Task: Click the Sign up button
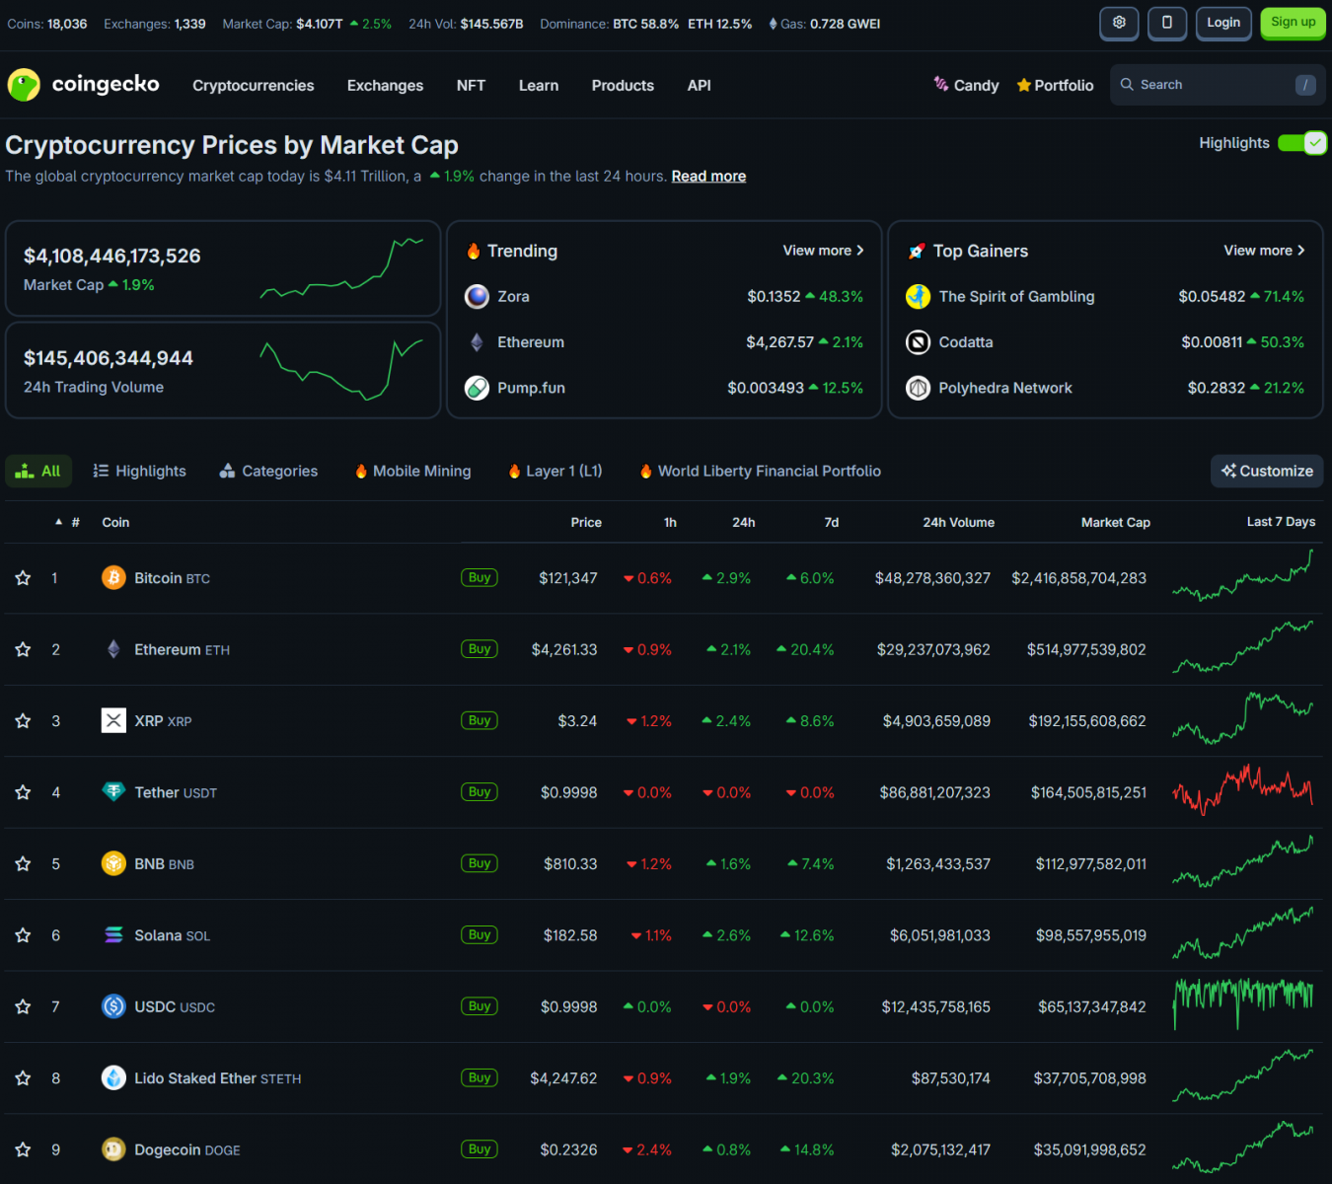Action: pyautogui.click(x=1293, y=23)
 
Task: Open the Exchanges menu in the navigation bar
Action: pyautogui.click(x=385, y=86)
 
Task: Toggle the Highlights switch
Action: pyautogui.click(x=1301, y=143)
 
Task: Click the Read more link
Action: pyautogui.click(x=708, y=177)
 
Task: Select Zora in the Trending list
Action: pyautogui.click(x=513, y=297)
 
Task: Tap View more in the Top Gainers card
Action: pyautogui.click(x=1264, y=251)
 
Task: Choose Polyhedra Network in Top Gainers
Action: pyautogui.click(x=1004, y=389)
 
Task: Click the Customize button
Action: pyautogui.click(x=1267, y=472)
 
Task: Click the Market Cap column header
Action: pyautogui.click(x=1115, y=523)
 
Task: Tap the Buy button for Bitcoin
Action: pyautogui.click(x=480, y=578)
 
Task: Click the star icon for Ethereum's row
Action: pyautogui.click(x=24, y=650)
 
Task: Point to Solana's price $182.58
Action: pyautogui.click(x=569, y=935)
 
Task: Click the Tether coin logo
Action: pyautogui.click(x=113, y=792)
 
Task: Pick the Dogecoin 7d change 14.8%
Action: pyautogui.click(x=807, y=1150)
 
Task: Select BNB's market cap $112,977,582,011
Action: pyautogui.click(x=1090, y=864)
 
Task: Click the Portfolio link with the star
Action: pyautogui.click(x=1055, y=86)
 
